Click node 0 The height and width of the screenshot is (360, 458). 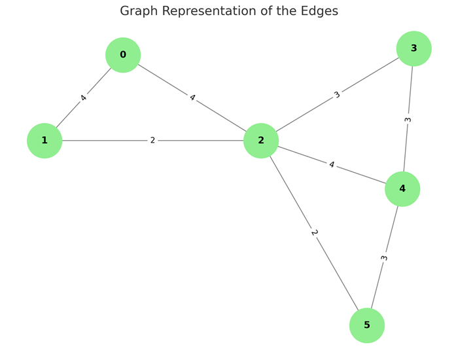[123, 55]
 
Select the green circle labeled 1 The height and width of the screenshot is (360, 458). [44, 141]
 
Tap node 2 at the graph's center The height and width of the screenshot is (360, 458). [261, 141]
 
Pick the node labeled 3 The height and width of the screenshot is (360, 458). [414, 48]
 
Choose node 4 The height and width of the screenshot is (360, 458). [402, 189]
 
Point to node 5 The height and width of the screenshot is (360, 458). [366, 325]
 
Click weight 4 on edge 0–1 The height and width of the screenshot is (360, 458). [84, 98]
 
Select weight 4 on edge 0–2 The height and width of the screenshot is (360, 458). [192, 98]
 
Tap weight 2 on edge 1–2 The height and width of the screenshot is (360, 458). [152, 141]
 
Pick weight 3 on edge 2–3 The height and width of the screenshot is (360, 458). [337, 95]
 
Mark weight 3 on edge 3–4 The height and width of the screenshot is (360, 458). [408, 120]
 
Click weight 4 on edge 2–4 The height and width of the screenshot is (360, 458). [332, 165]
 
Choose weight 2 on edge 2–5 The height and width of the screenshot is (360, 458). [314, 233]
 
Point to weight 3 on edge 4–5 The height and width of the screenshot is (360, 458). [384, 258]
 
